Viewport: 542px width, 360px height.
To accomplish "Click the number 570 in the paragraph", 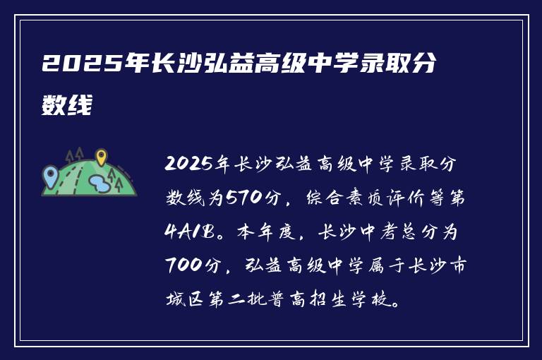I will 241,198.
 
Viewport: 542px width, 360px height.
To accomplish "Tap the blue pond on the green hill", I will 99,184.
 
